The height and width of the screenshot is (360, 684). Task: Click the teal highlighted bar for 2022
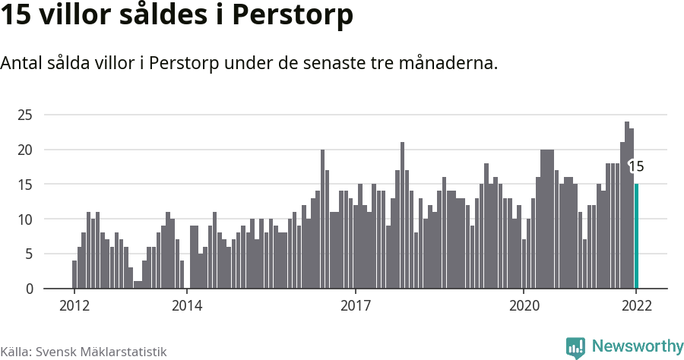click(636, 236)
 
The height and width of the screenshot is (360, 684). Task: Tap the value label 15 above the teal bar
click(636, 167)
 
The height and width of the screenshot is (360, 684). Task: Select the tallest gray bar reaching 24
click(627, 205)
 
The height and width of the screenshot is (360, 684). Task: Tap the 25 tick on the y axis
click(26, 115)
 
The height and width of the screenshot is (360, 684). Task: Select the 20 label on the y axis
click(26, 150)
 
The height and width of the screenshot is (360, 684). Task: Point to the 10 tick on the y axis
click(26, 219)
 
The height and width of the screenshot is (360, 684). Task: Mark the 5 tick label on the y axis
click(29, 254)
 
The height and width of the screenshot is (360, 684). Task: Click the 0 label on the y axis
click(29, 289)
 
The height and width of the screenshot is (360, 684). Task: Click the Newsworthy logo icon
click(575, 347)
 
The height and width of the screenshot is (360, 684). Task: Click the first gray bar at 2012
click(74, 274)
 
